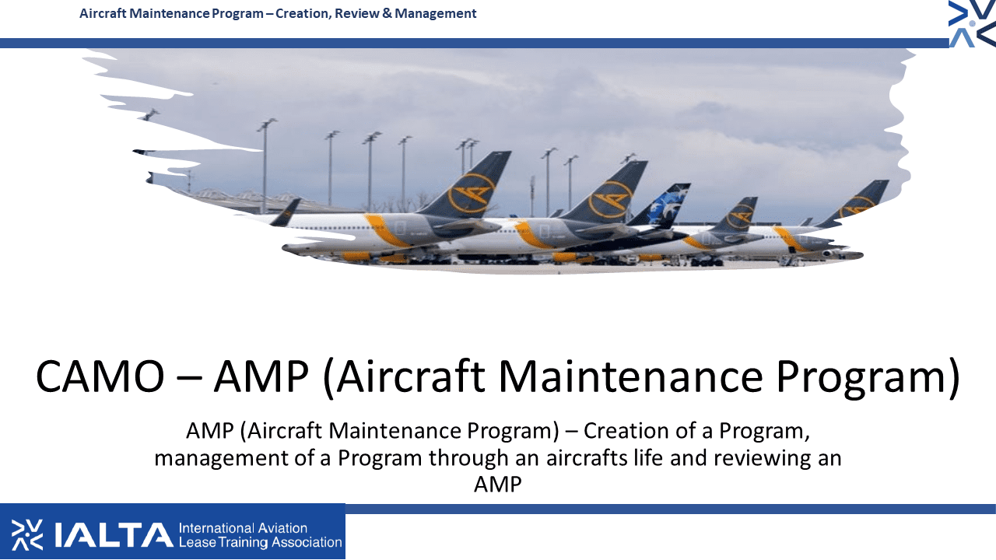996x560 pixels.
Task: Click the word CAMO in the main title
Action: pos(100,377)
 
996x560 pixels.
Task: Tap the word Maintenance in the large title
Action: pos(630,377)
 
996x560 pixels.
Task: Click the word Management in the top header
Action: pos(435,14)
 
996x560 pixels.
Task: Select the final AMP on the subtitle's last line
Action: pos(497,485)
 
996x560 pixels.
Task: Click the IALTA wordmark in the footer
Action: pos(114,535)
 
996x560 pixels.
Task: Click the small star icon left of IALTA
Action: pos(26,535)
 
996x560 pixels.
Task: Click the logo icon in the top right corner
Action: pos(972,23)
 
